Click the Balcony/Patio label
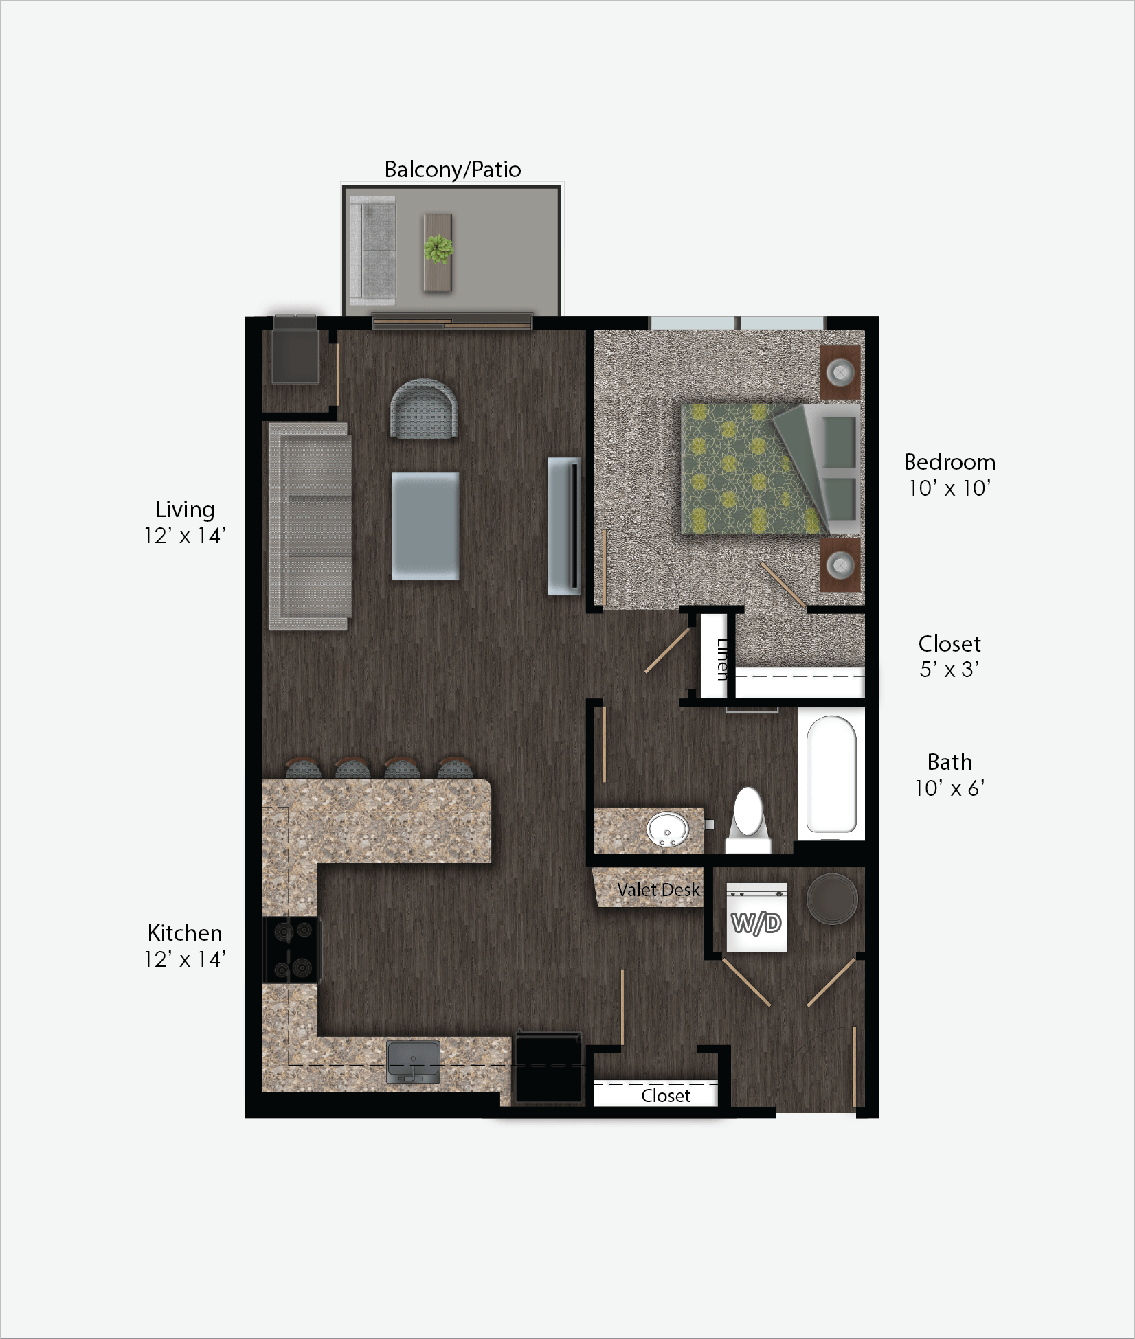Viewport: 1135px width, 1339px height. coord(452,170)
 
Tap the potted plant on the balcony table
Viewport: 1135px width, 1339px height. coord(438,249)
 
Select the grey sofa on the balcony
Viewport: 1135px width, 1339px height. coord(372,251)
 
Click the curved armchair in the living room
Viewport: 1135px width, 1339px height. coord(424,409)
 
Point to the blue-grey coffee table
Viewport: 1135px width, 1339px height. coord(425,526)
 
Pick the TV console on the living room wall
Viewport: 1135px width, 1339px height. coord(564,526)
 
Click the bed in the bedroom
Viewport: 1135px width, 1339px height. coord(769,468)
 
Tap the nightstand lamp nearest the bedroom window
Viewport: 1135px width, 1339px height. coord(840,372)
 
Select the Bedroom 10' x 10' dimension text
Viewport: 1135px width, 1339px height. coord(949,474)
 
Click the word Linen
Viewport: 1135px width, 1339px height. coord(722,659)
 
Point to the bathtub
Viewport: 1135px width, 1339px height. coord(831,774)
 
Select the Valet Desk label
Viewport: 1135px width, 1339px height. coord(658,890)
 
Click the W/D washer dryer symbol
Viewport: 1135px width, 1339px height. coord(756,922)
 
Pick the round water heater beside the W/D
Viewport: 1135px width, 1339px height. coord(832,898)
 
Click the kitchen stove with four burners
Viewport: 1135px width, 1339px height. coord(292,950)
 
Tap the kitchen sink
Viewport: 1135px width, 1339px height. coord(413,1062)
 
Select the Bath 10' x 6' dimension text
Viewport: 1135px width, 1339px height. coord(949,775)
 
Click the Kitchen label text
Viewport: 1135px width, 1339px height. coord(185,933)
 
